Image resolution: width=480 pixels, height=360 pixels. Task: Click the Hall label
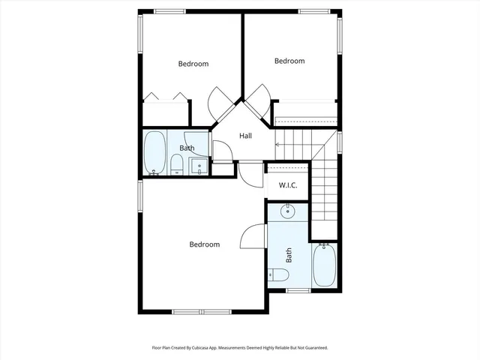pos(245,136)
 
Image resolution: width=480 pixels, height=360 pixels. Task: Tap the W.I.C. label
pos(289,184)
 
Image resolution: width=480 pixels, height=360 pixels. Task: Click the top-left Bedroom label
pos(193,64)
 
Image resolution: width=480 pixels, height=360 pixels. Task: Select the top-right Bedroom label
pos(289,61)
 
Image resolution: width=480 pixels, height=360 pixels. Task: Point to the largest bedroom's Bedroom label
pos(204,244)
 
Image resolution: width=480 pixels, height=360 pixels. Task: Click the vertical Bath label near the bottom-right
pos(289,255)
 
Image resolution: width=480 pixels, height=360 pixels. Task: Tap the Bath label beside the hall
pos(187,148)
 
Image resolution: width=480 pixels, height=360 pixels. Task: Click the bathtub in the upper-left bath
pos(155,153)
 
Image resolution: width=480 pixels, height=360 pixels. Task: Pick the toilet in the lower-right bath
pos(278,275)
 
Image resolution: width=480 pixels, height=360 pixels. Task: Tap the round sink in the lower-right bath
pos(287,211)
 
